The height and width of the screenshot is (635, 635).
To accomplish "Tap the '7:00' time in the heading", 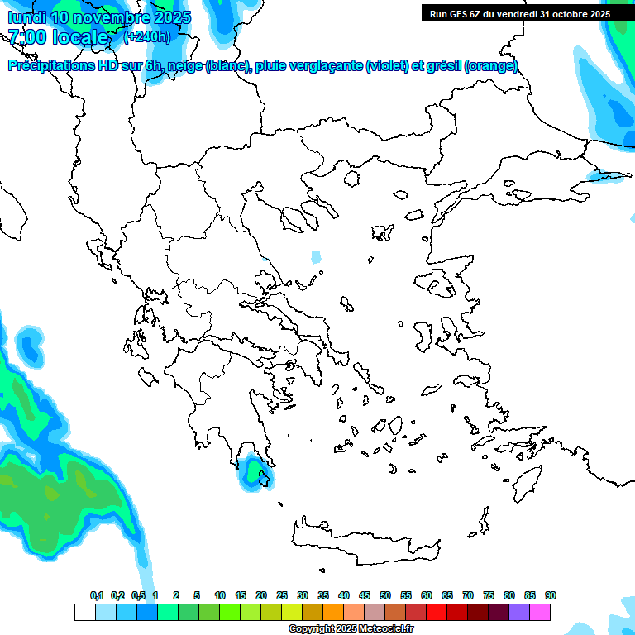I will pos(27,37).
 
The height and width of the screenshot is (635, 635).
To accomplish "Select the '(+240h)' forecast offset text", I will pos(147,36).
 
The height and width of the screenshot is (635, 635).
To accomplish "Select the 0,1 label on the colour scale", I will pos(97,596).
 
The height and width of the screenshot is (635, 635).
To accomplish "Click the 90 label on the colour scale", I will pos(551,596).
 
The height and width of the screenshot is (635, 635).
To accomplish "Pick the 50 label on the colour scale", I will pos(385,596).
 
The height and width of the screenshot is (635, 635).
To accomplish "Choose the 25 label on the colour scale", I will pos(282,596).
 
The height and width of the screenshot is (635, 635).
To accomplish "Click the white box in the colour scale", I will pos(84,612).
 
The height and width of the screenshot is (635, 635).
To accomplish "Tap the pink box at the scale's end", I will pos(540,612).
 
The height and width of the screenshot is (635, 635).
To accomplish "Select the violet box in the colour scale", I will pos(519,612).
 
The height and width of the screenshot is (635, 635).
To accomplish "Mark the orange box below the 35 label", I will pos(333,612).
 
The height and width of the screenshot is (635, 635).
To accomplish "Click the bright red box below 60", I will pos(437,612).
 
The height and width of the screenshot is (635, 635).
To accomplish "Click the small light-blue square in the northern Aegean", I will pos(316,256).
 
